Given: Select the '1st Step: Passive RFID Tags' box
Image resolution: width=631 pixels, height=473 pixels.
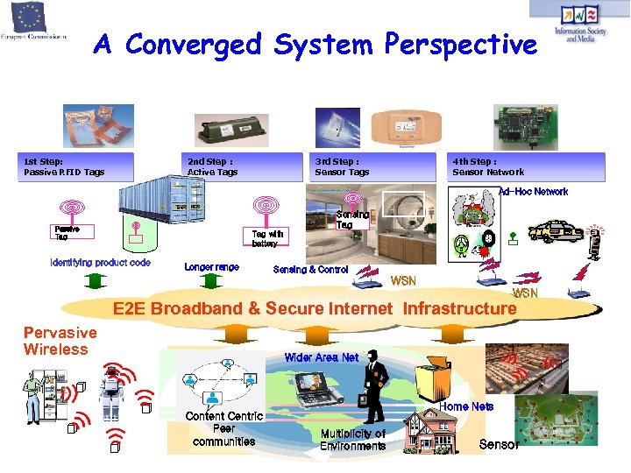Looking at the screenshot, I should click(x=78, y=166).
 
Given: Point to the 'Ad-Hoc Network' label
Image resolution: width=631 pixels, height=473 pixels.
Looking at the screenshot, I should click(x=533, y=192).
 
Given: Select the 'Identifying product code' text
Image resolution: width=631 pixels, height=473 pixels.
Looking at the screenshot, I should click(x=100, y=263).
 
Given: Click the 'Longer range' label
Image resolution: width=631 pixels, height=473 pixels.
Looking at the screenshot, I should click(x=211, y=267).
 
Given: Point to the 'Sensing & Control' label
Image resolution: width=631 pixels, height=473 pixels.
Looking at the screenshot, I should click(x=310, y=270).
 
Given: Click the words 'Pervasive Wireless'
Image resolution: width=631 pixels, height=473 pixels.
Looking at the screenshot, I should click(x=60, y=341).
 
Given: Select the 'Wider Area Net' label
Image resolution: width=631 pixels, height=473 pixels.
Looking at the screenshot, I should click(x=321, y=357).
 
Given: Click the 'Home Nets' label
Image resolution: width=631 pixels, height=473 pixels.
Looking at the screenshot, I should click(x=466, y=406).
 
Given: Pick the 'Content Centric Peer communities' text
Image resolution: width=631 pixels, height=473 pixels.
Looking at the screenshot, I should click(x=223, y=428).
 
